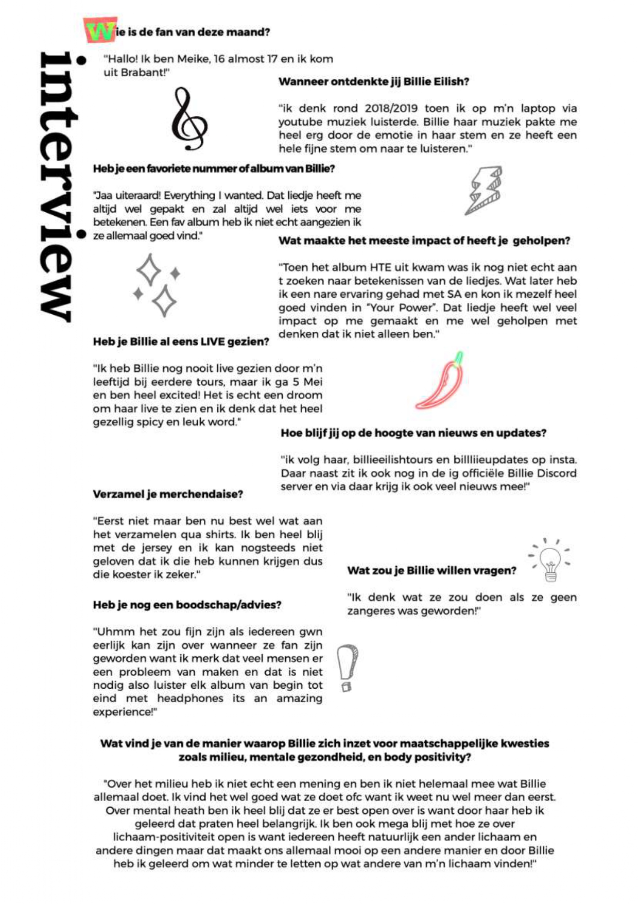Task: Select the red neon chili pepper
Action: click(x=441, y=381)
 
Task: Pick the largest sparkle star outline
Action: click(x=164, y=301)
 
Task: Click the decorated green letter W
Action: click(x=100, y=31)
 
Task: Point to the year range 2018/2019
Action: click(x=391, y=108)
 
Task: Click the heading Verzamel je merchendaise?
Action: click(x=168, y=494)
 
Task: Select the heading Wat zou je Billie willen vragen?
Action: click(x=431, y=570)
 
